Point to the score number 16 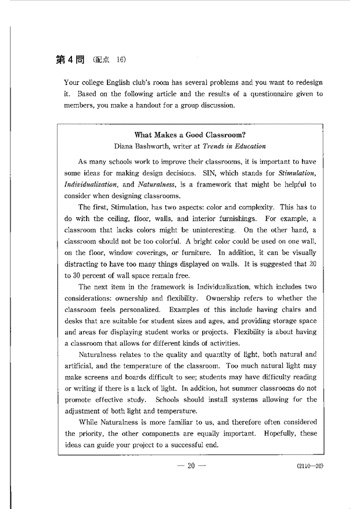click(x=120, y=60)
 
